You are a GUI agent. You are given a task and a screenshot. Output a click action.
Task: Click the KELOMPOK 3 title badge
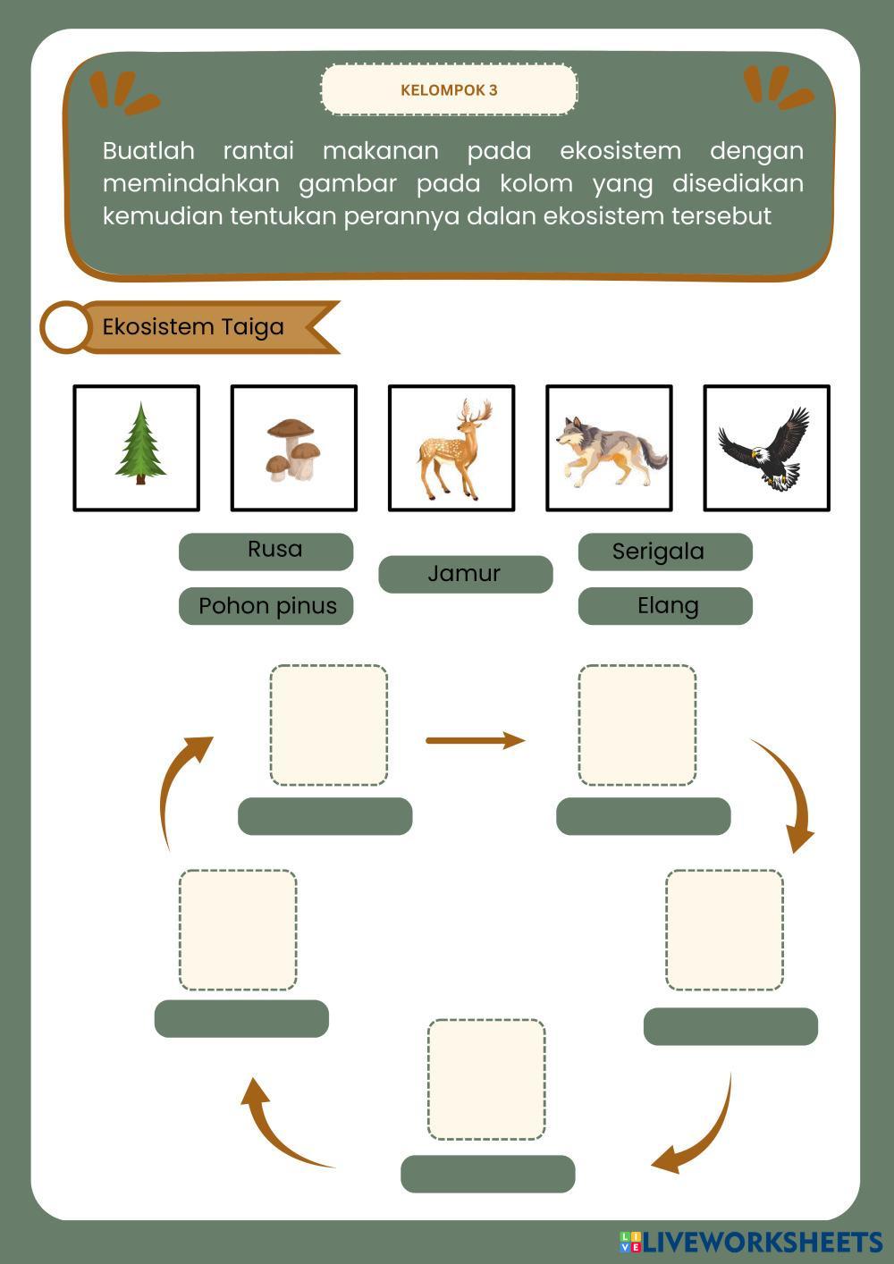tap(450, 89)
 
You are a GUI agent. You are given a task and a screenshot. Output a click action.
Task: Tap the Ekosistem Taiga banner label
tap(192, 327)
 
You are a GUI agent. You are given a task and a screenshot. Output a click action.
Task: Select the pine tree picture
tap(140, 443)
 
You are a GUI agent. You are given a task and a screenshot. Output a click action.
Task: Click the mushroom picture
tap(293, 450)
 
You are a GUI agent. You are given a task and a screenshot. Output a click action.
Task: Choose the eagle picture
tap(764, 449)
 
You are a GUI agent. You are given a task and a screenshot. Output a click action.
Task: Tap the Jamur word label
tap(465, 574)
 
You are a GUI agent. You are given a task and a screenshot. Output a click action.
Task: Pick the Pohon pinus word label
tap(266, 605)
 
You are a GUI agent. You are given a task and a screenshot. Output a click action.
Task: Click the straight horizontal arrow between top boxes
tap(476, 740)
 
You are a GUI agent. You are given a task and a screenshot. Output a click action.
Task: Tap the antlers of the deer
tap(477, 411)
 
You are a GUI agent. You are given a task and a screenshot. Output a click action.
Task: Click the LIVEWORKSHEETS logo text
tap(763, 1242)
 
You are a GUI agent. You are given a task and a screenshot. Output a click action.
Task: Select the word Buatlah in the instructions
tap(148, 151)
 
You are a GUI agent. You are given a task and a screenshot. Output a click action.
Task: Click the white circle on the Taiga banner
tap(65, 327)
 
